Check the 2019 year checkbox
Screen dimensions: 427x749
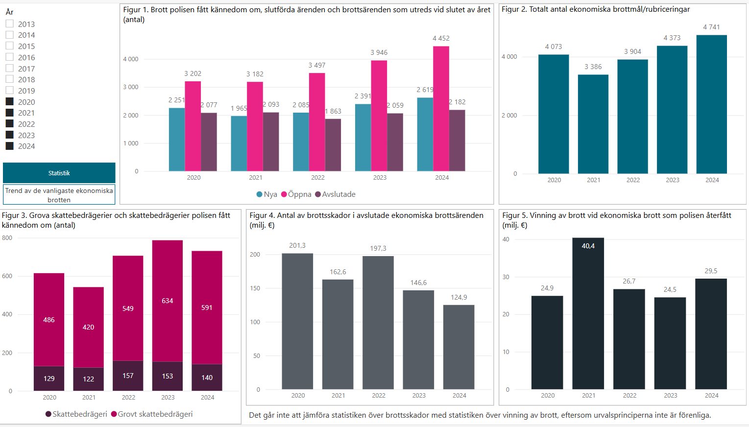[x=9, y=90]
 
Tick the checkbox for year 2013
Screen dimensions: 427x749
[x=9, y=24]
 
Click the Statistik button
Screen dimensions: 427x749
[x=59, y=173]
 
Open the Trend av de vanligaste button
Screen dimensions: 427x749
[x=59, y=195]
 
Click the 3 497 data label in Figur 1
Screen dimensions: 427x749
[x=316, y=65]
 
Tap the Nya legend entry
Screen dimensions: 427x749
[x=267, y=194]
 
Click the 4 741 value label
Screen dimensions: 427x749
[x=711, y=27]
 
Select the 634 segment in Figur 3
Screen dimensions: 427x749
[x=167, y=301]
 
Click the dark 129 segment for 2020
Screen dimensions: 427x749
[x=49, y=379]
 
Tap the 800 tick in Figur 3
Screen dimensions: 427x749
[x=7, y=238]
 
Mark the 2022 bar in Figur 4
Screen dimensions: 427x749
[x=378, y=323]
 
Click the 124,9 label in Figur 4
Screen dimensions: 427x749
[x=459, y=297]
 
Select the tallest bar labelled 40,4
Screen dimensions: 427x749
[x=588, y=313]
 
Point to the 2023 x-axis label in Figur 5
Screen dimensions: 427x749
[x=670, y=396]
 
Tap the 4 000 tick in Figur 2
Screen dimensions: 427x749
[x=509, y=57]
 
